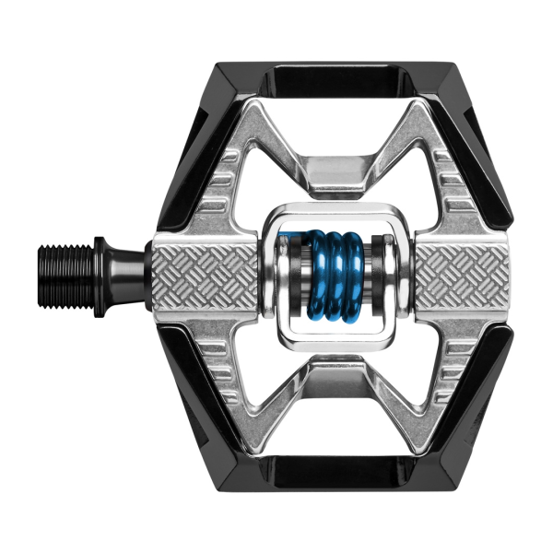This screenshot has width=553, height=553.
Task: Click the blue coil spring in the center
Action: (x=336, y=275)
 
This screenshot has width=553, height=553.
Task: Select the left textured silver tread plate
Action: (x=205, y=274)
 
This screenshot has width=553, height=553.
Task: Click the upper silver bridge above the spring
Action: (x=335, y=175)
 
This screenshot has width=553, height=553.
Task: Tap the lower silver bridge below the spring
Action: (x=335, y=376)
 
